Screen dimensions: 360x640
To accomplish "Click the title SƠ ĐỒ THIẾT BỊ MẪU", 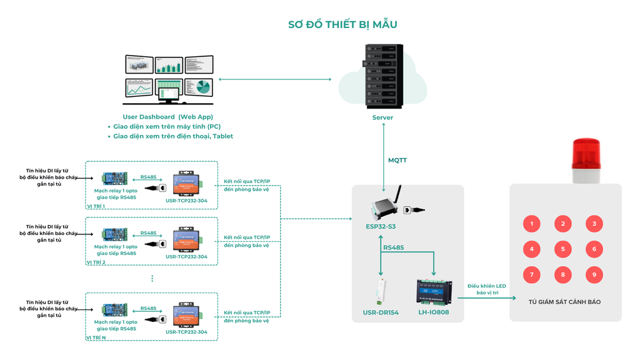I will [x=342, y=25].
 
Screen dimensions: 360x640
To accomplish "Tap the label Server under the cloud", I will [x=382, y=117].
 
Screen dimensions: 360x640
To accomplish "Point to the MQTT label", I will [x=397, y=161].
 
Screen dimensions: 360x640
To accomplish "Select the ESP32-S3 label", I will [x=381, y=226].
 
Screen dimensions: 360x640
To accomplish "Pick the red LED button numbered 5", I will [x=562, y=249].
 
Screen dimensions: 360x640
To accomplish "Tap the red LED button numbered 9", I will [x=594, y=274].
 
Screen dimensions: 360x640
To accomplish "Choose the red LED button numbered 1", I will [x=531, y=224].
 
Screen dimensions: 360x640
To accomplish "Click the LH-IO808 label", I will [x=433, y=312].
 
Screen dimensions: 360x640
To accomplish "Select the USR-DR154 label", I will [x=381, y=312].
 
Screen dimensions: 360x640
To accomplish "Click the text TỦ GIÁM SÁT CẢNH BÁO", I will [x=564, y=302].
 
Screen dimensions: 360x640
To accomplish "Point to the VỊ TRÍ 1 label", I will [x=96, y=206].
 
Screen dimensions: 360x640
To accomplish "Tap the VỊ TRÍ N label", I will [x=96, y=337].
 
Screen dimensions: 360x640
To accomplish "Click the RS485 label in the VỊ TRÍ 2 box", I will [x=148, y=233].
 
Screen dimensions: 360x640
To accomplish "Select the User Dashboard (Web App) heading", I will [x=167, y=117].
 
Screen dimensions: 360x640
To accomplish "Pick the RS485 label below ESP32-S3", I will [x=393, y=247].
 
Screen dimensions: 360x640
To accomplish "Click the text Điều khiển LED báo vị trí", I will [x=486, y=289].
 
